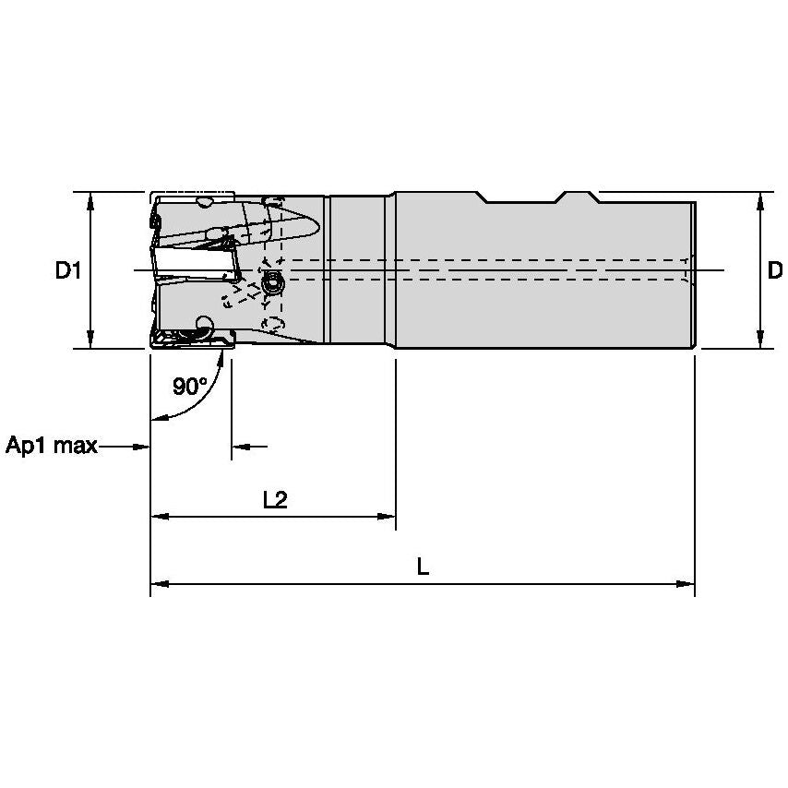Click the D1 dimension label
click(68, 270)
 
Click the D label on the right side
click(775, 270)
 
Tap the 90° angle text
click(189, 386)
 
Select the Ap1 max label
click(52, 447)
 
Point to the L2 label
click(275, 499)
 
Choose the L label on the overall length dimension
click(423, 567)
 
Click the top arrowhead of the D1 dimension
click(90, 200)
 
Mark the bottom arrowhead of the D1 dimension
click(90, 340)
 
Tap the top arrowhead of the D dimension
click(759, 200)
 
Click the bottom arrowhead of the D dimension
click(759, 340)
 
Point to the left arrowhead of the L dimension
click(159, 584)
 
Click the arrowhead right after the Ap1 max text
click(141, 447)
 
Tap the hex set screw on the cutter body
click(271, 285)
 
